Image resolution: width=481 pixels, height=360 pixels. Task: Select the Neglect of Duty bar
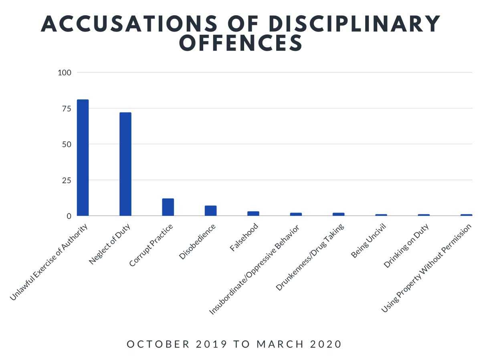125,164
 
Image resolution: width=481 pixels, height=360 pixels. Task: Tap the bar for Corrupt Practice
168,207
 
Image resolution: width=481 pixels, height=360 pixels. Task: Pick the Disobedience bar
210,211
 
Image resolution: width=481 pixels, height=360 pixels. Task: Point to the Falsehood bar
253,213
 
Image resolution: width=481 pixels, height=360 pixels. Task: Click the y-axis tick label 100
65,73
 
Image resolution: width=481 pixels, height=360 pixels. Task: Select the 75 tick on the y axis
66,109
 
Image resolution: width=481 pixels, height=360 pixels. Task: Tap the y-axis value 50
66,145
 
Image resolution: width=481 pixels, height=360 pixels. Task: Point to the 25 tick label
66,180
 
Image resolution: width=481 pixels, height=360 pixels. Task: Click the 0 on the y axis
69,216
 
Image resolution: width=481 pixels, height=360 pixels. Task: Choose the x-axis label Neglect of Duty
110,244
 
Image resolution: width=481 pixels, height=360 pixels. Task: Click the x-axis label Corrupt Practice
151,245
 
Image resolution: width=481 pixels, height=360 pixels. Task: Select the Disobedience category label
197,242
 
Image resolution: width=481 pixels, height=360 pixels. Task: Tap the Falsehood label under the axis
244,238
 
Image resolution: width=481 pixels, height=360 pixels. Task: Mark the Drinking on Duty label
406,246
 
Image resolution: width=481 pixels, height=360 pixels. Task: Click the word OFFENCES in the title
240,43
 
